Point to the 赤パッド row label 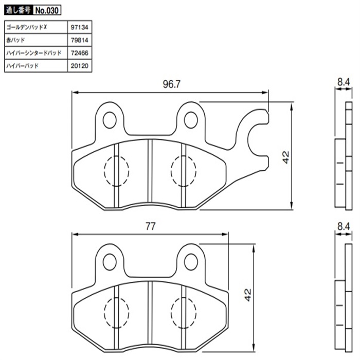(x=15, y=40)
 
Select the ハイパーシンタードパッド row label (x=34, y=53)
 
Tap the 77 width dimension (x=150, y=226)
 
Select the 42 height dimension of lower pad (x=247, y=295)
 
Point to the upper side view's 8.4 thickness (x=344, y=81)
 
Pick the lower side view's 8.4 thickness (x=344, y=225)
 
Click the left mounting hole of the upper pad (x=109, y=120)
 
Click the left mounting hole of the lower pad (x=109, y=261)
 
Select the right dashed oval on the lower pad (x=182, y=312)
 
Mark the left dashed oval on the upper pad (x=116, y=170)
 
